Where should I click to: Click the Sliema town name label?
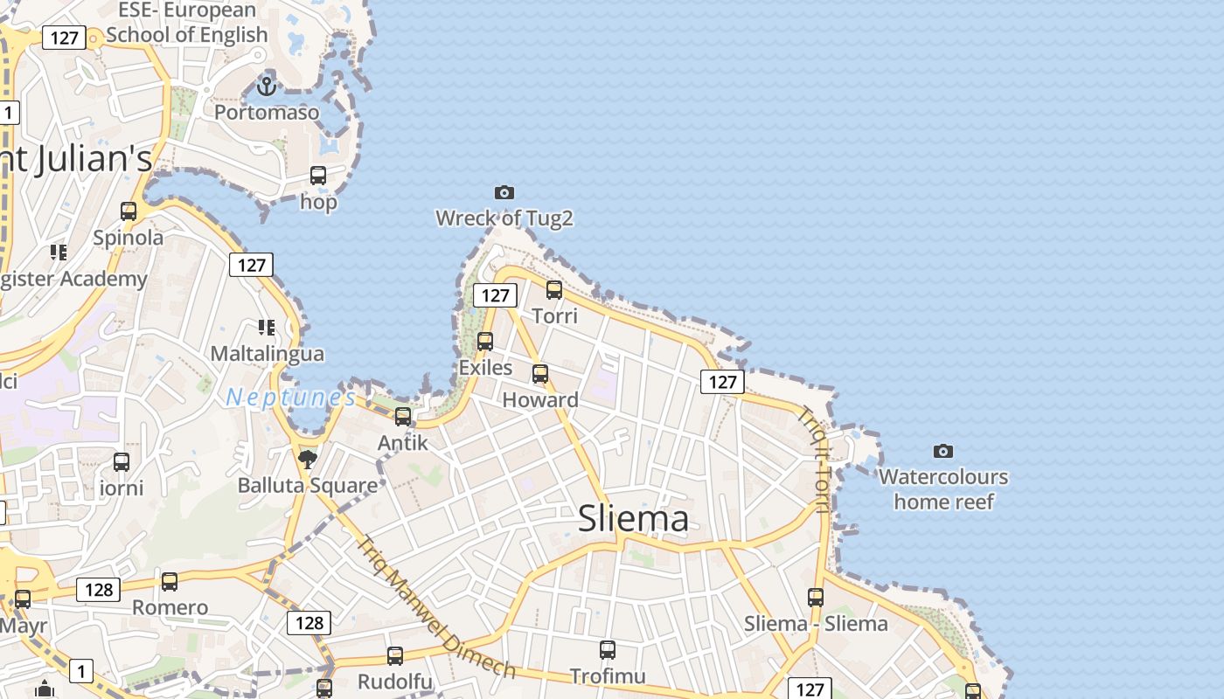pos(633,519)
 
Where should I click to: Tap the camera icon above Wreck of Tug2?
pos(504,192)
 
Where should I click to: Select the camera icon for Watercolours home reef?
pos(942,451)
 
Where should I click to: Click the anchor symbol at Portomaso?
pos(267,86)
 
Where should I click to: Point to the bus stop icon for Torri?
pos(554,290)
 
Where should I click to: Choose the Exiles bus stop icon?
pos(485,342)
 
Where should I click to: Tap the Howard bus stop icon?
pos(540,374)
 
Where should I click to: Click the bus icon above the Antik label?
pos(403,417)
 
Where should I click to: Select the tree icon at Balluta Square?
pos(307,459)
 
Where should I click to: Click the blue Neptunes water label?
pos(291,398)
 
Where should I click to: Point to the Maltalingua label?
pos(268,354)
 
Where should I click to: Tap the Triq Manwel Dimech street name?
pos(435,606)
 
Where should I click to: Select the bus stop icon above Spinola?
pos(129,211)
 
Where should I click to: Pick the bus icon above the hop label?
pos(318,176)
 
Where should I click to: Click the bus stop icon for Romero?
pos(170,581)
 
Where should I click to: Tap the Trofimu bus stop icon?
pos(608,650)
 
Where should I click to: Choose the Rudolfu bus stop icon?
pos(395,655)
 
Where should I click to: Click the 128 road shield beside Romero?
pos(99,590)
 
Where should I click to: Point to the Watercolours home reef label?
pos(943,489)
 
